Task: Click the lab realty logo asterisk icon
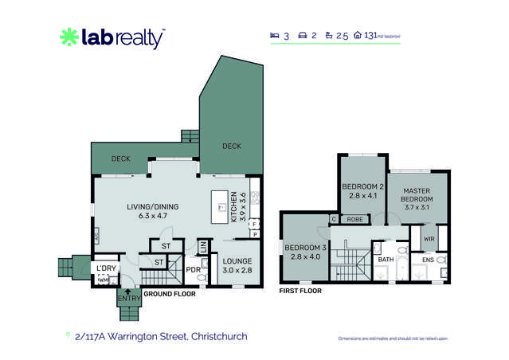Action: click(69, 37)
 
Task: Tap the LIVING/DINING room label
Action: click(153, 211)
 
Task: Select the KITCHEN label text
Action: click(233, 208)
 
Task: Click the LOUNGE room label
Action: click(237, 264)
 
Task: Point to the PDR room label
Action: click(192, 270)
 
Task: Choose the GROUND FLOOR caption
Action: click(169, 294)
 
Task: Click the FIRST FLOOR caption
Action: click(300, 292)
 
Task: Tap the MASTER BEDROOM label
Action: click(417, 195)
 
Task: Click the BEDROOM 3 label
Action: click(303, 251)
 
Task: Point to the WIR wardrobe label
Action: click(429, 238)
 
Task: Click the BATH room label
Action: click(386, 260)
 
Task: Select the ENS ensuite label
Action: click(428, 260)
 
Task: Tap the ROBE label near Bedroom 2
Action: click(355, 219)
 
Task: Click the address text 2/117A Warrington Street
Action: click(160, 337)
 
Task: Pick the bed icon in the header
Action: click(275, 36)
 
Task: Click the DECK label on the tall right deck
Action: click(232, 147)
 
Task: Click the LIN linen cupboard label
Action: click(203, 248)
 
